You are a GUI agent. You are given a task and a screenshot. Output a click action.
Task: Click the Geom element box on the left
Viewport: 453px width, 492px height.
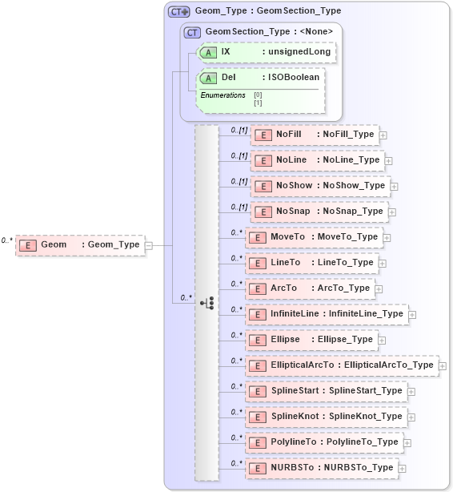79,244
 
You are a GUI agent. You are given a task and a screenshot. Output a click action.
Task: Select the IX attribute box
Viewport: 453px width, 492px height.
264,52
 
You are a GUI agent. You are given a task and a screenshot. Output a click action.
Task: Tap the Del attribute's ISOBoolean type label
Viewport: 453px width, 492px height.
294,78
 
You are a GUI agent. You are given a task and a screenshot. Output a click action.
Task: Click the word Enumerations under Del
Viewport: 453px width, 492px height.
222,95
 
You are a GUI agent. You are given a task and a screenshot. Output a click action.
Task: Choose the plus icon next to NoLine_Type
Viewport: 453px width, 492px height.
388,160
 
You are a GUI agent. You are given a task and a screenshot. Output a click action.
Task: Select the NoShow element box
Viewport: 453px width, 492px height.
320,186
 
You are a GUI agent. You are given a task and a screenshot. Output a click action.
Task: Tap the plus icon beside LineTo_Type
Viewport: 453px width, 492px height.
382,263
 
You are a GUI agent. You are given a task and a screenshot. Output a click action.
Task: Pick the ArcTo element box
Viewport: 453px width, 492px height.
310,288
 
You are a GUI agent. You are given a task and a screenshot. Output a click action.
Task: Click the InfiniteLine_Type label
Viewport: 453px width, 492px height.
366,314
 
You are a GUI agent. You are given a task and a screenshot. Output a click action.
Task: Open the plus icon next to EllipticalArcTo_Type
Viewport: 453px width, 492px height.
443,365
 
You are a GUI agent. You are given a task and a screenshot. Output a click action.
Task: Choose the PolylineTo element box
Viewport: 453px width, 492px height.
323,442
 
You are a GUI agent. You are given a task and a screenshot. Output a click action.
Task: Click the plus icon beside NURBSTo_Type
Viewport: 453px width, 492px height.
402,468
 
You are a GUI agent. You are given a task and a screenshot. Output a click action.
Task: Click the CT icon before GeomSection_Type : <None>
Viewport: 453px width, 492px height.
192,32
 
